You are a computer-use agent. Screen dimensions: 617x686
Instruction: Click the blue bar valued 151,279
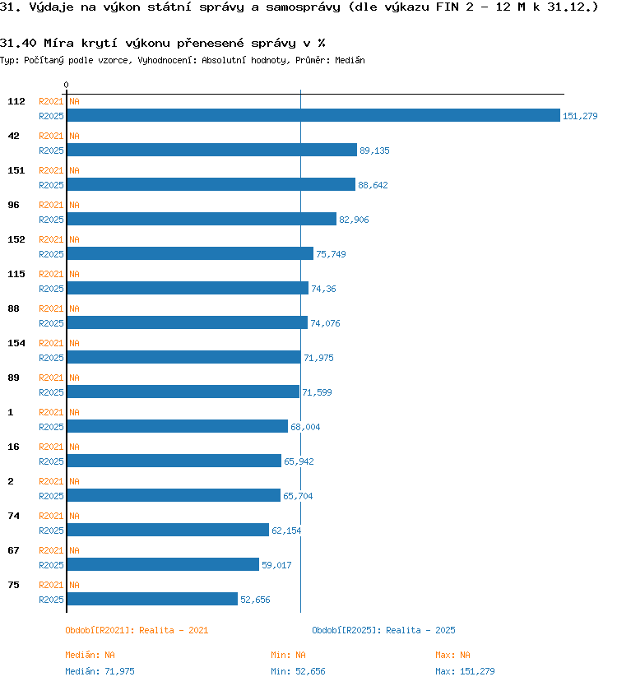click(313, 115)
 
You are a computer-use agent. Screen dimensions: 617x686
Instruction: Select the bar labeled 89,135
click(211, 150)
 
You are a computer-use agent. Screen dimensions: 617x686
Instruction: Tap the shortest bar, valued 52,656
click(152, 599)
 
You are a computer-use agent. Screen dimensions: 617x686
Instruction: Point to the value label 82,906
click(354, 220)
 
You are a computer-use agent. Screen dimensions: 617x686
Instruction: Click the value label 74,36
click(323, 289)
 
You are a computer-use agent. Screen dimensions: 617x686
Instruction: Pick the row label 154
click(16, 343)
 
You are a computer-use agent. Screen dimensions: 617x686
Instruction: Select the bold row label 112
click(16, 101)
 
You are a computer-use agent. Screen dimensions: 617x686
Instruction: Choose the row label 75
click(13, 585)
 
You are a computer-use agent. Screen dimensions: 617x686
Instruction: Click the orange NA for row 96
click(74, 205)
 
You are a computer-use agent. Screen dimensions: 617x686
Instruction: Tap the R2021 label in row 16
click(51, 447)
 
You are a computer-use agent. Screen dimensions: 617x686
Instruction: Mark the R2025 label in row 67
click(51, 565)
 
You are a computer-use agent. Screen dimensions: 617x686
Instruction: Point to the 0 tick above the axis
click(66, 85)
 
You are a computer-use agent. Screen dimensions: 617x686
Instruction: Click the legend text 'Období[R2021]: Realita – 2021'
click(137, 630)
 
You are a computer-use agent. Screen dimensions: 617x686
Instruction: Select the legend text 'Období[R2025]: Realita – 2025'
click(383, 630)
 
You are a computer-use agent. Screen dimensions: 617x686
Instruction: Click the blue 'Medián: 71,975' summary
click(100, 671)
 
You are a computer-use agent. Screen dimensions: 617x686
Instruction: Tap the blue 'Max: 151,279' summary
click(465, 671)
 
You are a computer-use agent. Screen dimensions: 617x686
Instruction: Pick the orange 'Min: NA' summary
click(288, 655)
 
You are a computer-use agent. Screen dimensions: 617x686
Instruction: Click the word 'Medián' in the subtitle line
click(350, 60)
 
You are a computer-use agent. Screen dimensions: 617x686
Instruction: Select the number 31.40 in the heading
click(18, 43)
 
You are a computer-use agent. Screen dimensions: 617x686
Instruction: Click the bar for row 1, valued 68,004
click(177, 426)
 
